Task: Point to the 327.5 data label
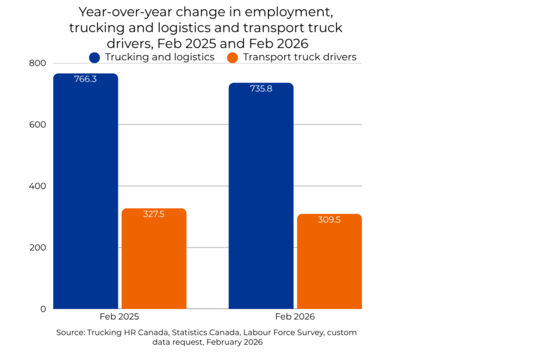pos(154,214)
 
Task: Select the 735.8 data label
pos(261,89)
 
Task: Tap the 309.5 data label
pos(330,220)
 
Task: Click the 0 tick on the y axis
pos(43,309)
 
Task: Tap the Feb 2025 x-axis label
pos(119,317)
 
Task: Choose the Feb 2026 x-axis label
pos(295,317)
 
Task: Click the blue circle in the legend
pos(95,57)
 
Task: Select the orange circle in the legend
pos(233,57)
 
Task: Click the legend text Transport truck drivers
pos(300,57)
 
